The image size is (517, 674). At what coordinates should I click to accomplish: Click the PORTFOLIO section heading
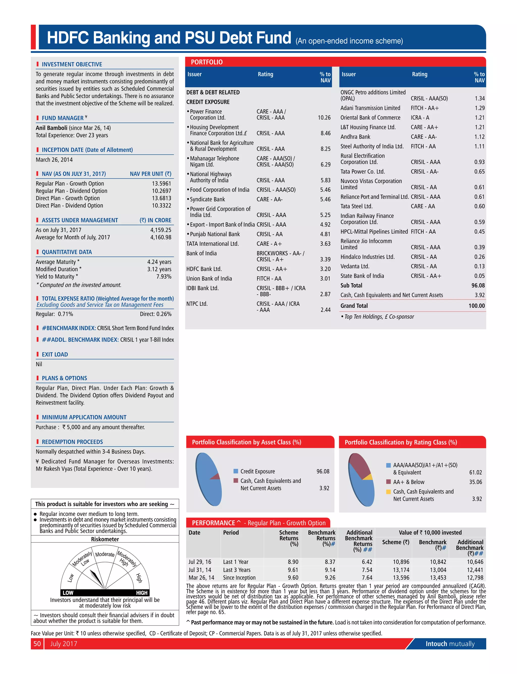(206, 62)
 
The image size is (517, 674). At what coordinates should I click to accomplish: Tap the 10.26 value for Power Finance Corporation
(324, 118)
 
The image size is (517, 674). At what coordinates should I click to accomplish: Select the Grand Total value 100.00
(476, 306)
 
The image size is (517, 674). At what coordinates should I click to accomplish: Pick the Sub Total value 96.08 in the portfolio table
(478, 286)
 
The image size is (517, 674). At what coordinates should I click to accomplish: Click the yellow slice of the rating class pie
(368, 477)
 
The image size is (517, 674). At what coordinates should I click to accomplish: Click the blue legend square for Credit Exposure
(236, 471)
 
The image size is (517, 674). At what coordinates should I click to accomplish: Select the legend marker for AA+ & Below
(388, 482)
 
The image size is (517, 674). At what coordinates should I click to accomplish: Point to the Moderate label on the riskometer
(105, 554)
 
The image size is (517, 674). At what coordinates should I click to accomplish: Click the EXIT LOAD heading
(55, 355)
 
